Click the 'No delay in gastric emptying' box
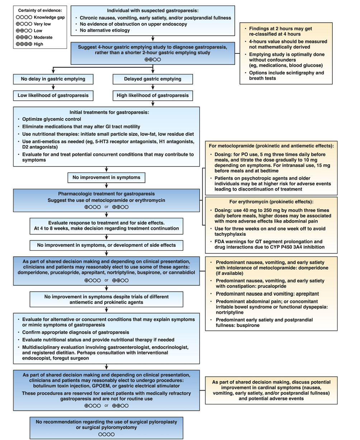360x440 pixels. point(53,79)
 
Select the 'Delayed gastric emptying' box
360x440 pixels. point(152,79)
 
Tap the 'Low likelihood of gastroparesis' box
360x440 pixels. point(53,95)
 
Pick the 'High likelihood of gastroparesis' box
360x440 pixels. point(152,95)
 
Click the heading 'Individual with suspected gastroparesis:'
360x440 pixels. point(153,10)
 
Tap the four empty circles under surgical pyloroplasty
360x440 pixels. point(106,434)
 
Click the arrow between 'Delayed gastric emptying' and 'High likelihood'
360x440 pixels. point(153,87)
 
